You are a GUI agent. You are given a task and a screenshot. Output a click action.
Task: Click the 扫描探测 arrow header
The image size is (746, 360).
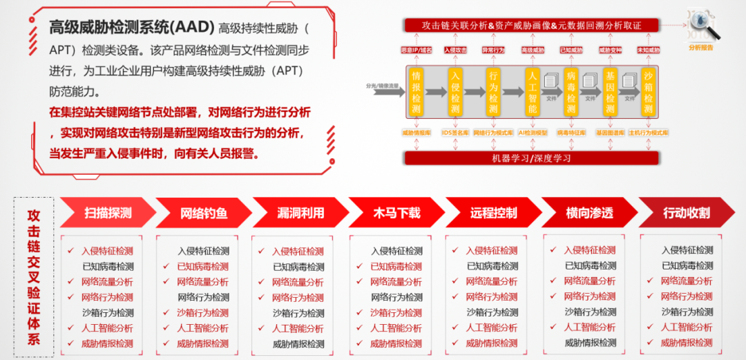(108, 213)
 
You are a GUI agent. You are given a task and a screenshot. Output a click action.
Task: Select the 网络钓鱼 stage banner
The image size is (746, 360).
(203, 213)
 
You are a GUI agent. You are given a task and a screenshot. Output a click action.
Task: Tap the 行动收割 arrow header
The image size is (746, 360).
(686, 213)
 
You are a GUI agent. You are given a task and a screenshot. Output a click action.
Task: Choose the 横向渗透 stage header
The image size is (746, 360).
(589, 213)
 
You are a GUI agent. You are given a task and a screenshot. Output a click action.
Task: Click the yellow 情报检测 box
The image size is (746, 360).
(416, 92)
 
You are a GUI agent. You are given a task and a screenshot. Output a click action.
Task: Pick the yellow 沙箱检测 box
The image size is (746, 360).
(648, 92)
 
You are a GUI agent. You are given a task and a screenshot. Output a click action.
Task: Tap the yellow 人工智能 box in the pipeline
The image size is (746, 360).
(532, 92)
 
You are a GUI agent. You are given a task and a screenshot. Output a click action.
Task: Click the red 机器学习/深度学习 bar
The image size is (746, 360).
(532, 158)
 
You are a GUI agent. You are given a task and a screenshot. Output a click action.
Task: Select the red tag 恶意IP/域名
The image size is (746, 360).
(417, 50)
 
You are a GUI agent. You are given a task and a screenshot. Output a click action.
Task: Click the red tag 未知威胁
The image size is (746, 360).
(649, 50)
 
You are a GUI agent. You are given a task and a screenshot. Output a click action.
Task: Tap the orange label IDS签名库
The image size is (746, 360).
(455, 132)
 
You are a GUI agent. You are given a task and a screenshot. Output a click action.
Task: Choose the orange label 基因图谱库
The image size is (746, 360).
(610, 132)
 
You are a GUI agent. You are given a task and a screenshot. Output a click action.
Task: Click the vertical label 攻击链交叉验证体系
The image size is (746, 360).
(34, 276)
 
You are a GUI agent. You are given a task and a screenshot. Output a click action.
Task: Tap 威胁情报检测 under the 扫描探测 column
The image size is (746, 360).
(107, 343)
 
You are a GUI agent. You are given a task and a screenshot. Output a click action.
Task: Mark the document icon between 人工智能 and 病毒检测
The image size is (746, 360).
(551, 82)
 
